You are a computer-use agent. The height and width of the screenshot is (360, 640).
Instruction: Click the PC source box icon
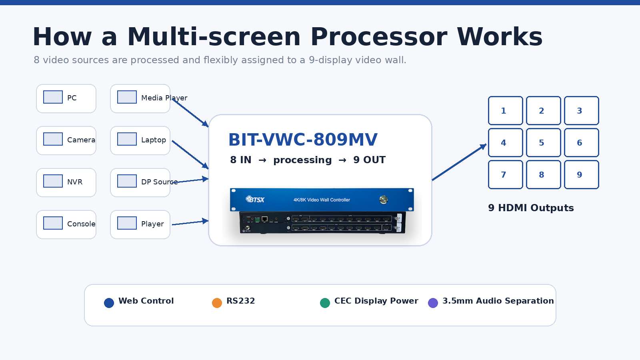pyautogui.click(x=53, y=97)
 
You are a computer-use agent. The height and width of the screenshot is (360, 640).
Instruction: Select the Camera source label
pyautogui.click(x=81, y=140)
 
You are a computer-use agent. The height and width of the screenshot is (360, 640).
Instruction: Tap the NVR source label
pyautogui.click(x=74, y=182)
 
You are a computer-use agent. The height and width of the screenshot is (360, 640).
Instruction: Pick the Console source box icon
pyautogui.click(x=53, y=223)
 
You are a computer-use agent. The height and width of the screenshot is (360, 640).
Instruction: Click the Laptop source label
pyautogui.click(x=154, y=140)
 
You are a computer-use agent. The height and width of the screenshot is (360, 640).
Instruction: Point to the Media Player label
pyautogui.click(x=164, y=98)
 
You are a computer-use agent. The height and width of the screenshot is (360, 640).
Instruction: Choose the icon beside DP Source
pyautogui.click(x=127, y=181)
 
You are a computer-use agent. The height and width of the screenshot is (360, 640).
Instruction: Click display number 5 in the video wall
pyautogui.click(x=544, y=142)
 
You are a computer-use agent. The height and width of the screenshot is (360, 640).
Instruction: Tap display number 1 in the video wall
pyautogui.click(x=506, y=110)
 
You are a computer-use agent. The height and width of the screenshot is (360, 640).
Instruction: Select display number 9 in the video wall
pyautogui.click(x=582, y=174)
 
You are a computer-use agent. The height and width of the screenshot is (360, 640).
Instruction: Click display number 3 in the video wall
pyautogui.click(x=582, y=110)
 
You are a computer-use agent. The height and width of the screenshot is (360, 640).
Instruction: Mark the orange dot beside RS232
pyautogui.click(x=217, y=303)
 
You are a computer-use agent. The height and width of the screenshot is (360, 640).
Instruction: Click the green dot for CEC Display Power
pyautogui.click(x=325, y=303)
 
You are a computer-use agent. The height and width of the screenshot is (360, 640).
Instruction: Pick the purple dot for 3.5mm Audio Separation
pyautogui.click(x=433, y=303)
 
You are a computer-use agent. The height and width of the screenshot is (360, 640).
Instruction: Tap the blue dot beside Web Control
pyautogui.click(x=109, y=303)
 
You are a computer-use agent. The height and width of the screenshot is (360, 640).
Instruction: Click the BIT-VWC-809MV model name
pyautogui.click(x=303, y=140)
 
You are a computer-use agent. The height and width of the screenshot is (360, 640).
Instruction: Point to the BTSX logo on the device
pyautogui.click(x=255, y=199)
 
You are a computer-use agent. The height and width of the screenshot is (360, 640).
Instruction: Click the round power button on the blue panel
pyautogui.click(x=384, y=200)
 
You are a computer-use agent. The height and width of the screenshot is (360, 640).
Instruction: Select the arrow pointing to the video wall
pyautogui.click(x=459, y=162)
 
